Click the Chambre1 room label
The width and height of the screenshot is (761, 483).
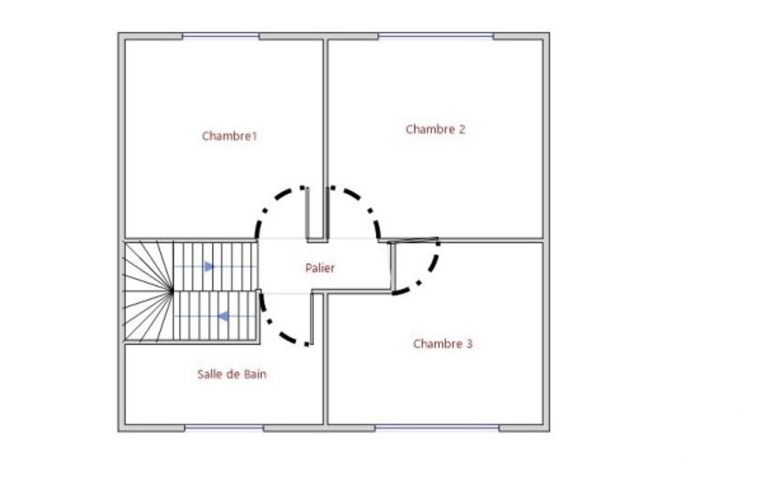click(x=229, y=136)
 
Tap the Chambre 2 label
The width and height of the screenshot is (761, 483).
click(x=435, y=129)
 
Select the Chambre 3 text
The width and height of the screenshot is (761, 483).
click(x=442, y=344)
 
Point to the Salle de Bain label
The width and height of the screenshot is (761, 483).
click(x=232, y=375)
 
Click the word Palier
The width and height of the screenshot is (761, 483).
click(x=320, y=268)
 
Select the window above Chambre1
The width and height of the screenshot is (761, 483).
click(x=221, y=36)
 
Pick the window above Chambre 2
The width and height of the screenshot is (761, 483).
click(x=436, y=36)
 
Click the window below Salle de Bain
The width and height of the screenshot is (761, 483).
click(x=224, y=428)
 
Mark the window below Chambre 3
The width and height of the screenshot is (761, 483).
click(x=437, y=428)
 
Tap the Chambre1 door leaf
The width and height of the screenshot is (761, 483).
click(x=307, y=213)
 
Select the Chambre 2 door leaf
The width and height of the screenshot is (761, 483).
click(x=327, y=213)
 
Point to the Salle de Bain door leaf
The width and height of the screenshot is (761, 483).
click(x=312, y=319)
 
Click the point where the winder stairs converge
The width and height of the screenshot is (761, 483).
click(x=172, y=291)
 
